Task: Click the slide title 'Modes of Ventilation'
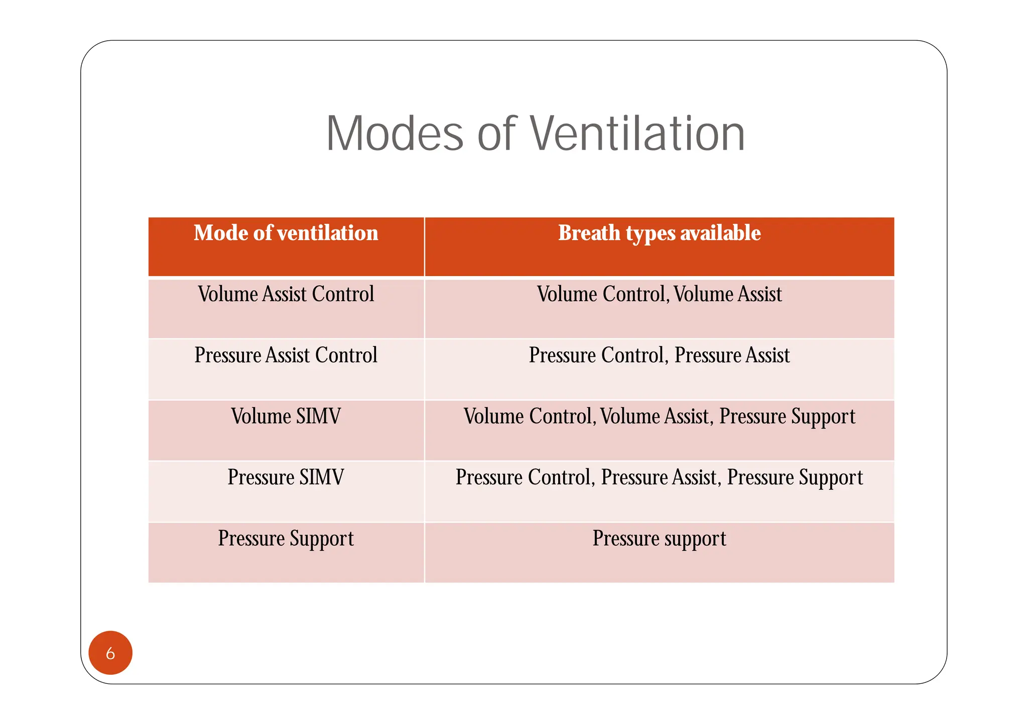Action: pos(535,134)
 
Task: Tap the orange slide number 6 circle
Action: pos(110,653)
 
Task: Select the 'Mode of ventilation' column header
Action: pos(286,233)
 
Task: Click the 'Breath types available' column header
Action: pos(659,233)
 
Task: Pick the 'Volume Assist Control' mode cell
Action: pos(286,294)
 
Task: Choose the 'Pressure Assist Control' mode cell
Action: pos(286,355)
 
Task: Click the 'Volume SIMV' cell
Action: pos(286,417)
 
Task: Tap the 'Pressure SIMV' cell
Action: pos(286,477)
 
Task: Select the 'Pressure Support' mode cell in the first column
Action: pos(286,539)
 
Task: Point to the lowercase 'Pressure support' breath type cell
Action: pos(659,539)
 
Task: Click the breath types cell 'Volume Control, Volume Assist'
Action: pos(659,294)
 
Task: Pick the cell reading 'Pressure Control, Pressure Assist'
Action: pos(659,355)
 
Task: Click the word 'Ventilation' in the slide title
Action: pos(637,134)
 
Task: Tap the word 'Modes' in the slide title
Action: pos(395,134)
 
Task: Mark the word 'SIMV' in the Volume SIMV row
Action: pos(318,417)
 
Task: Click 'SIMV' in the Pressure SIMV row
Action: pos(321,477)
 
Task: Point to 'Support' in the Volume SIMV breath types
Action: pos(823,417)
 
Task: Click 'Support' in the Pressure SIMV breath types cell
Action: pos(831,477)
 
